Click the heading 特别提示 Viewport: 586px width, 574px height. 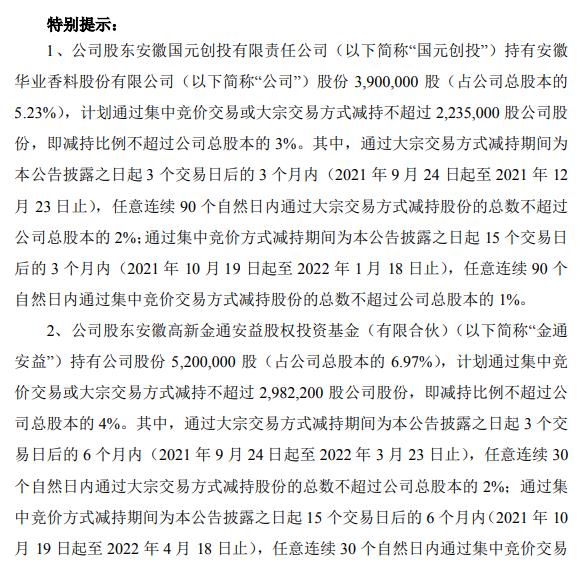click(x=81, y=19)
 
